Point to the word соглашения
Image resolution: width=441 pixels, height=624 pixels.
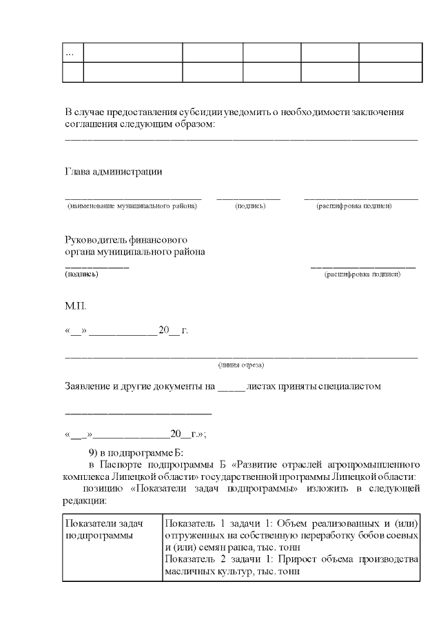click(x=90, y=123)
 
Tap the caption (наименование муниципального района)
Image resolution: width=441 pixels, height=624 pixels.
click(x=132, y=206)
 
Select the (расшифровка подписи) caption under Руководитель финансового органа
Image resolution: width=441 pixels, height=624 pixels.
click(x=362, y=274)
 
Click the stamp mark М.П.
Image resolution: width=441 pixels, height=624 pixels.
click(x=76, y=305)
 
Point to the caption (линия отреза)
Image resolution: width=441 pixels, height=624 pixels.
click(x=241, y=364)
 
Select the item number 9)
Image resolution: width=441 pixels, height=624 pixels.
click(x=96, y=453)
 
